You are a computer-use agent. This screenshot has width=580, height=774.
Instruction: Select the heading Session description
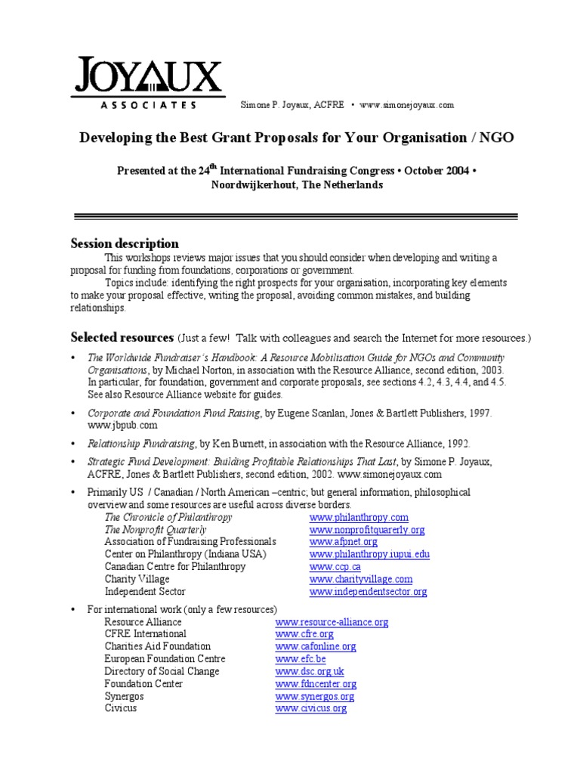[x=125, y=243]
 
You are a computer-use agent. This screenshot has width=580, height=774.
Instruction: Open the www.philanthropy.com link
[x=359, y=517]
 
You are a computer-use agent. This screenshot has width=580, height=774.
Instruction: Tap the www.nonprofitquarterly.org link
[x=367, y=530]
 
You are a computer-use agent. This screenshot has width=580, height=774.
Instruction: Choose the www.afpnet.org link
[x=343, y=542]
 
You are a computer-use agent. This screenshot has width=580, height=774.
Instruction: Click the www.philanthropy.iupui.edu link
[x=369, y=554]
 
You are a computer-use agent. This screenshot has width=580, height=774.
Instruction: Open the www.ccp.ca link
[x=335, y=567]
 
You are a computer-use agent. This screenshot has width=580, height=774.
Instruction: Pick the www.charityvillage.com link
[x=360, y=579]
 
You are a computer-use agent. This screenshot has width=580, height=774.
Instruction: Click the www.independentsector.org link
[x=368, y=592]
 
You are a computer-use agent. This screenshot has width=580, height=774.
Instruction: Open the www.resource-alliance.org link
[x=332, y=622]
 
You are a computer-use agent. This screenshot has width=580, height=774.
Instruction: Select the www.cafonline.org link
[x=316, y=647]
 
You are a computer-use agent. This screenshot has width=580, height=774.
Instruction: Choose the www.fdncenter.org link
[x=316, y=684]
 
